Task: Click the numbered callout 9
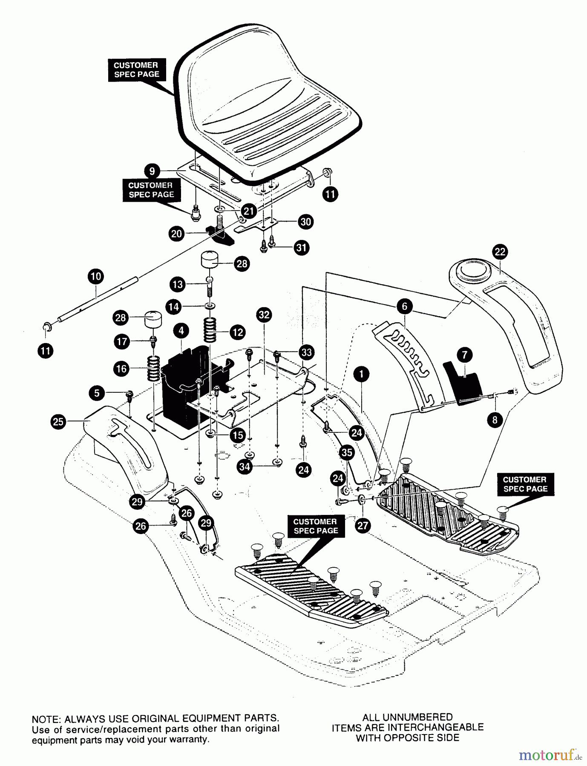tap(152, 171)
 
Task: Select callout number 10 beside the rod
tap(96, 277)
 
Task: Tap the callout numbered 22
tap(500, 252)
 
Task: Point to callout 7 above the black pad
tap(464, 354)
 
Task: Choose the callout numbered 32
tap(264, 315)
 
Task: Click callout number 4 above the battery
tap(181, 330)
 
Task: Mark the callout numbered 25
tap(58, 422)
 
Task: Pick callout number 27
tap(363, 526)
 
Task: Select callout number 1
tap(361, 374)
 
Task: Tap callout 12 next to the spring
tap(237, 332)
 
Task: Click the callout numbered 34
tap(245, 467)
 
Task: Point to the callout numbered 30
tap(306, 221)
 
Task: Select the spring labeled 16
tap(153, 369)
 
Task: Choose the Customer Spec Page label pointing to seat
tap(136, 70)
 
